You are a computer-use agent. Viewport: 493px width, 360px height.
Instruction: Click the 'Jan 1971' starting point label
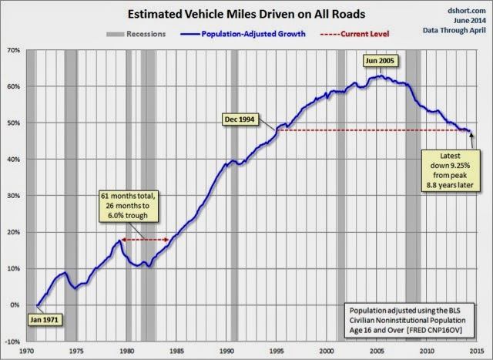(44, 318)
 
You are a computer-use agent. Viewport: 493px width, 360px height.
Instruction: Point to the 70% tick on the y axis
(13, 50)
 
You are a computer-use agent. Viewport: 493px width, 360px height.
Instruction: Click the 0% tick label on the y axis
(15, 305)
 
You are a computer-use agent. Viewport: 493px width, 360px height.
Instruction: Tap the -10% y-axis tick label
(12, 341)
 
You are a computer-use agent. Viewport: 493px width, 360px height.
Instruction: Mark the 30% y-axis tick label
(13, 196)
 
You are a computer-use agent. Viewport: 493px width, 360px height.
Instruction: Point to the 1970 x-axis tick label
(26, 352)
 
